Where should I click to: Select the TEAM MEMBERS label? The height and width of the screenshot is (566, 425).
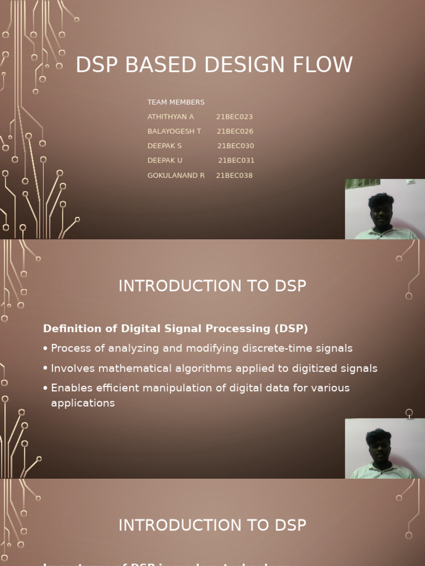tap(176, 102)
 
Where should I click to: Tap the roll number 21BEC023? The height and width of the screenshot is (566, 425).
tap(234, 117)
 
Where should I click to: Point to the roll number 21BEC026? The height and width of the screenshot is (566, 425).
tap(235, 132)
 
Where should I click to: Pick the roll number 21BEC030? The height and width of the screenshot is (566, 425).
tap(235, 146)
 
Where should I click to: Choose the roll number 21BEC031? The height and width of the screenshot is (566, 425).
tap(236, 161)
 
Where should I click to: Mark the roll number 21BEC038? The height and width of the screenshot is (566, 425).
tap(234, 176)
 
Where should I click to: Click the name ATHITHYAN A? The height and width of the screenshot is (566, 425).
tap(170, 117)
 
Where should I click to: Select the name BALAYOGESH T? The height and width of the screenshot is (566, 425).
tap(174, 132)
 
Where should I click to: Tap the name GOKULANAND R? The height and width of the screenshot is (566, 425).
tap(176, 176)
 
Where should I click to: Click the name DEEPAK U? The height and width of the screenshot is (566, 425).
tap(165, 161)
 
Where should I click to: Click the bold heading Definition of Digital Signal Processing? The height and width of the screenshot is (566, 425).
tap(175, 329)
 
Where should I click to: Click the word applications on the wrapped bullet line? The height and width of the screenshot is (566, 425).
tap(83, 403)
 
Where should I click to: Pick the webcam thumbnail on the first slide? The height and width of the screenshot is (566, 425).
tap(385, 209)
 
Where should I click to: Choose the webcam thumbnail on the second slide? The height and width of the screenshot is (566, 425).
tap(385, 448)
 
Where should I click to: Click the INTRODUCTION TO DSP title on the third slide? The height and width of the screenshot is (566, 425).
tap(212, 525)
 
